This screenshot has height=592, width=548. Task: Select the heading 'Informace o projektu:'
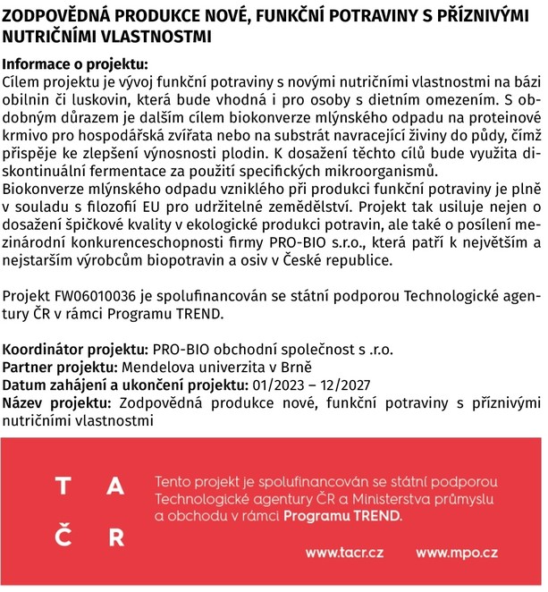(x=75, y=65)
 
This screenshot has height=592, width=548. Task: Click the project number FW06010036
(x=105, y=296)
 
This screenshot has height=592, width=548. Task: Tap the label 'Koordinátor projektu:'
(x=76, y=350)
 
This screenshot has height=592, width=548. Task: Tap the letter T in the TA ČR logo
(x=63, y=487)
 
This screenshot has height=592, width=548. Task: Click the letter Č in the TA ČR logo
(x=63, y=537)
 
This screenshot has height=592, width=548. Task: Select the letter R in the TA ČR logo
(x=115, y=537)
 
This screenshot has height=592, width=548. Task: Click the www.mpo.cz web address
(x=456, y=554)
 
